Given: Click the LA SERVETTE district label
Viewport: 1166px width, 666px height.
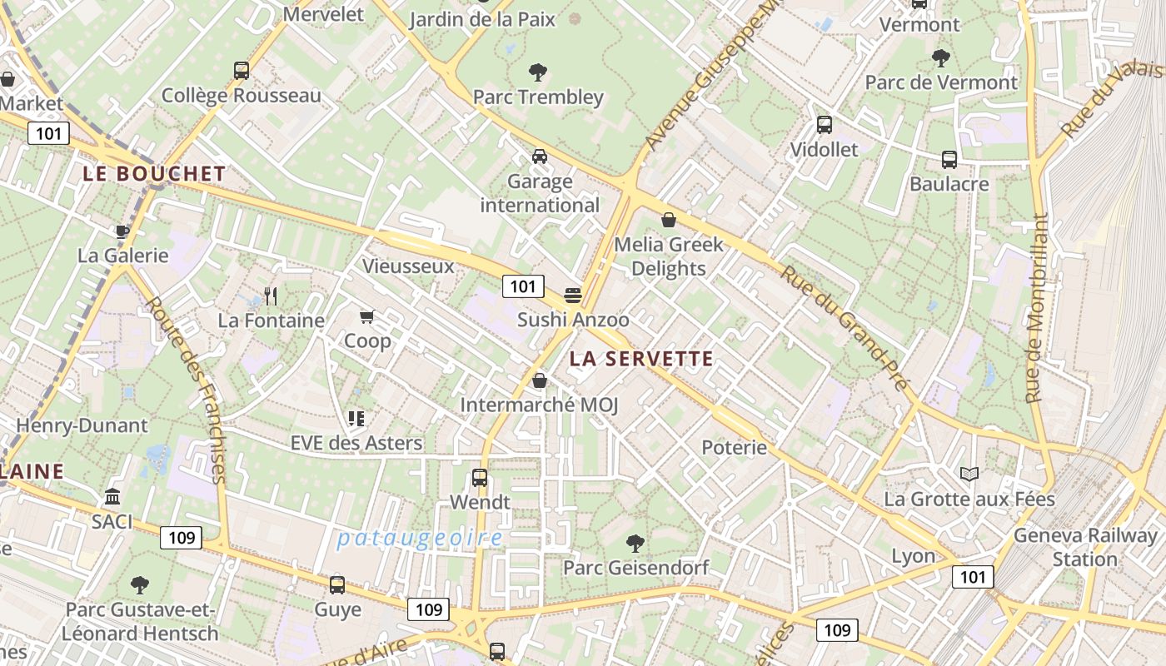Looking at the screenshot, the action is coord(641,359).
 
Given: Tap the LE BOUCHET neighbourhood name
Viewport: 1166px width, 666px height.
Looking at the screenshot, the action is coord(154,174).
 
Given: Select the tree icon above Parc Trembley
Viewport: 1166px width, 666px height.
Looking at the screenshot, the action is coord(538,72).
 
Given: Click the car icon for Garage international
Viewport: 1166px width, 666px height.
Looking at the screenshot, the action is coord(540,157).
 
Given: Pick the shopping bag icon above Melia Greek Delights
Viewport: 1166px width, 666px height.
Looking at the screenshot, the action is coord(668,220).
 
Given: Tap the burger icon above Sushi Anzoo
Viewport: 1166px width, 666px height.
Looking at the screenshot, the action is coord(572,295).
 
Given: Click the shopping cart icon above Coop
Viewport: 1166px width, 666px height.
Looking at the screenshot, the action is coord(366,316).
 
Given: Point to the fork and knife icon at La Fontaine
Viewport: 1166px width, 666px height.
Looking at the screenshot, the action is coord(270,296).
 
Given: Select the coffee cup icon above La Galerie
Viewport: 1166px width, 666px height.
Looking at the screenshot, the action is coord(122,231).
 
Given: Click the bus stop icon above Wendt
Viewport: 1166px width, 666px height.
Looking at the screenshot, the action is coord(479,478).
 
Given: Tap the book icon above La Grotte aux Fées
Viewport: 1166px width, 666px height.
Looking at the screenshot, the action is coord(969,475).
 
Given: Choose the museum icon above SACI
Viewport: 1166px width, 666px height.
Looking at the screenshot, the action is coord(112,497).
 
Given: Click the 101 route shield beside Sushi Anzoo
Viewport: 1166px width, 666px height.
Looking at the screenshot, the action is coord(523,287).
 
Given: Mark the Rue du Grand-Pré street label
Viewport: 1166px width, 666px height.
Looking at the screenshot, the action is coord(843,326).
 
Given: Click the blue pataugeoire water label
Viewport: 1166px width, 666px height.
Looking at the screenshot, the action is coord(420,538).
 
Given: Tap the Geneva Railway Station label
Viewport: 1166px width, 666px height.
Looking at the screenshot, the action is coord(1084,547).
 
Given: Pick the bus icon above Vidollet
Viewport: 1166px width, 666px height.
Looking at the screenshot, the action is coord(824,125).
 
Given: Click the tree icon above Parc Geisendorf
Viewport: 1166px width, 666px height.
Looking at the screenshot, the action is coord(635,544).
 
